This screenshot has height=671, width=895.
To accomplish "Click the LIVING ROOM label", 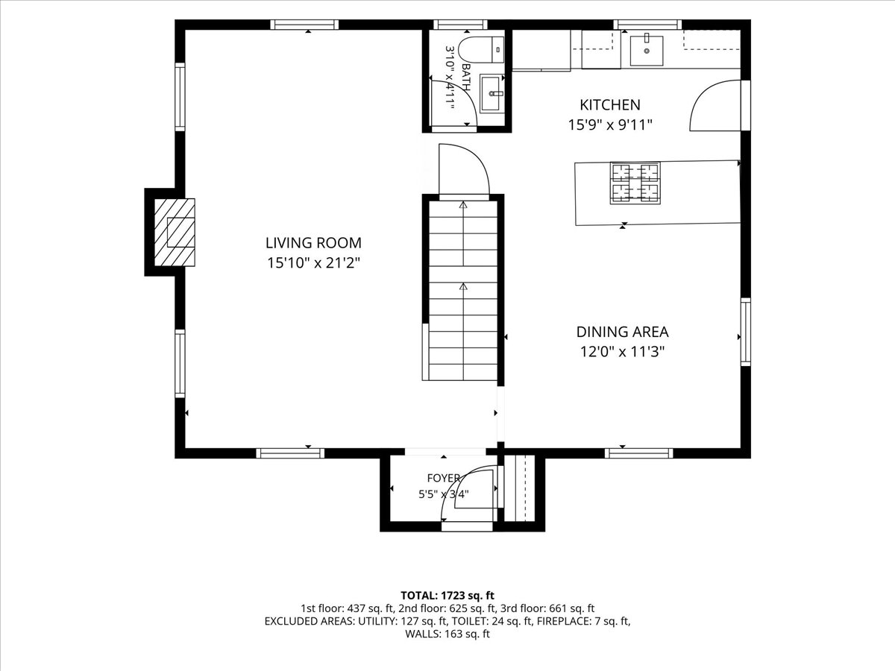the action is tap(313, 243).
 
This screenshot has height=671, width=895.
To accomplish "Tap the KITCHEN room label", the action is tap(610, 105).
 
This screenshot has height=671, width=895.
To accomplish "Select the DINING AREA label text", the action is tap(622, 332).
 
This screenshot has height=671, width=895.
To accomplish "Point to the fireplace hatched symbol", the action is tap(175, 232).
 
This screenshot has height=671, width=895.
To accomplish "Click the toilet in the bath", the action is tap(481, 49).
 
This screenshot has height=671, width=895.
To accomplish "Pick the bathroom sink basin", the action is tap(492, 93).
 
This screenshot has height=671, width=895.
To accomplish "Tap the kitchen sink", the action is tap(647, 51).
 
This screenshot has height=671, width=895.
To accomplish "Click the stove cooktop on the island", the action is tap(635, 183).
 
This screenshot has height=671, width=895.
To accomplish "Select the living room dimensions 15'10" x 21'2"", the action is tap(313, 263).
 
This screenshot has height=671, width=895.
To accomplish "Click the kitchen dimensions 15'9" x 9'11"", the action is tap(610, 125).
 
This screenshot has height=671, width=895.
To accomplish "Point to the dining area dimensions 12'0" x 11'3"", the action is tap(622, 352).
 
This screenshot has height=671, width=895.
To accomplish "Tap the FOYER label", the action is tap(444, 478).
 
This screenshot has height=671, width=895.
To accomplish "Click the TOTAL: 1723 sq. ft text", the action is tap(447, 596).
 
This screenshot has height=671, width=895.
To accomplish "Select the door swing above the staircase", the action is tap(464, 170).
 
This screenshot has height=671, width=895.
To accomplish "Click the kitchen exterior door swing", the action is tap(715, 106).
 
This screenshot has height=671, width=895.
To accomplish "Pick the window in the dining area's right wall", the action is tap(745, 332).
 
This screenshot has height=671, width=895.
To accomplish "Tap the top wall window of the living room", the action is tap(304, 25).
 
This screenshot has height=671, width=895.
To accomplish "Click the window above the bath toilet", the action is tap(460, 25).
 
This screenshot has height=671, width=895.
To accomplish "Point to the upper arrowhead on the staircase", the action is tap(463, 205).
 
